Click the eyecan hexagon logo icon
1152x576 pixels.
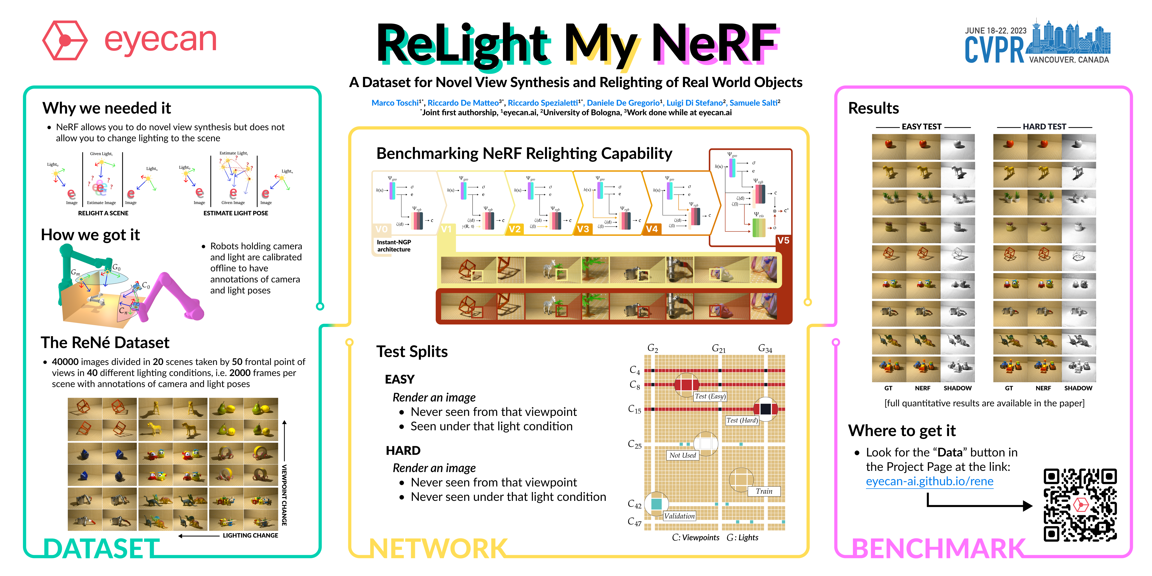[65, 40]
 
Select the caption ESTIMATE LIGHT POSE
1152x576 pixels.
[236, 213]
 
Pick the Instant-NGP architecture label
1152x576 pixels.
[394, 245]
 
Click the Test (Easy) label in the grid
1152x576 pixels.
[710, 396]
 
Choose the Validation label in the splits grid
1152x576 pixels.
[679, 516]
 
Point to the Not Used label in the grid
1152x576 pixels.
[682, 455]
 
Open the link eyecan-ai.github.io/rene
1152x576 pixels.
[929, 482]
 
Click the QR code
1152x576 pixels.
[1080, 505]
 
